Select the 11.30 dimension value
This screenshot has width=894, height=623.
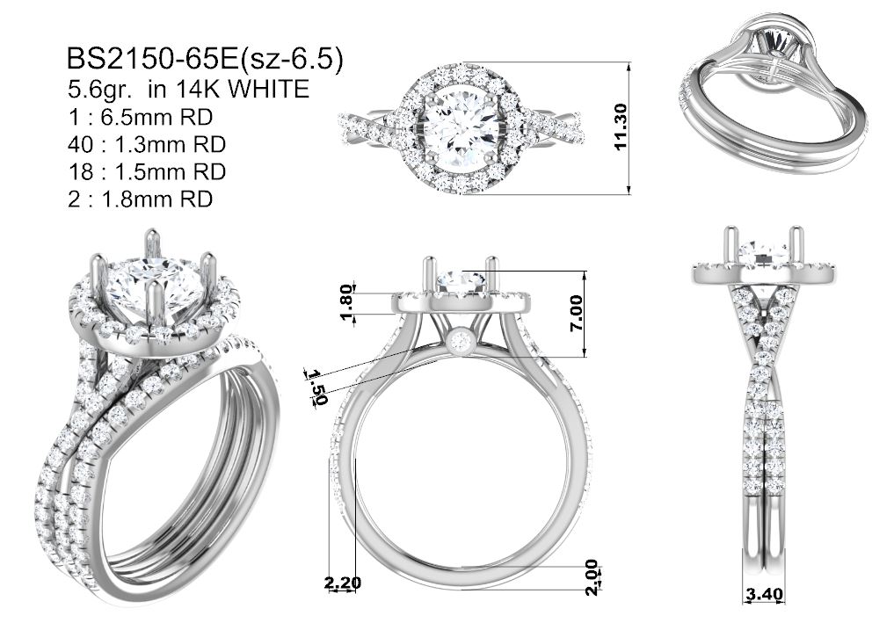[x=621, y=127]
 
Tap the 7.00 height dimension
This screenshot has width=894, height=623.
[x=576, y=313]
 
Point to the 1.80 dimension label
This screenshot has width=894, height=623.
[x=348, y=302]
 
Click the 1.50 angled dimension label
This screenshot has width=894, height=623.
[x=317, y=387]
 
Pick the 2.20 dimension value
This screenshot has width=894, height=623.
[x=343, y=583]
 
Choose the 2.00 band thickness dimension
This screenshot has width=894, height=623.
[x=592, y=577]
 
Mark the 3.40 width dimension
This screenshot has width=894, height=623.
[x=765, y=593]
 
